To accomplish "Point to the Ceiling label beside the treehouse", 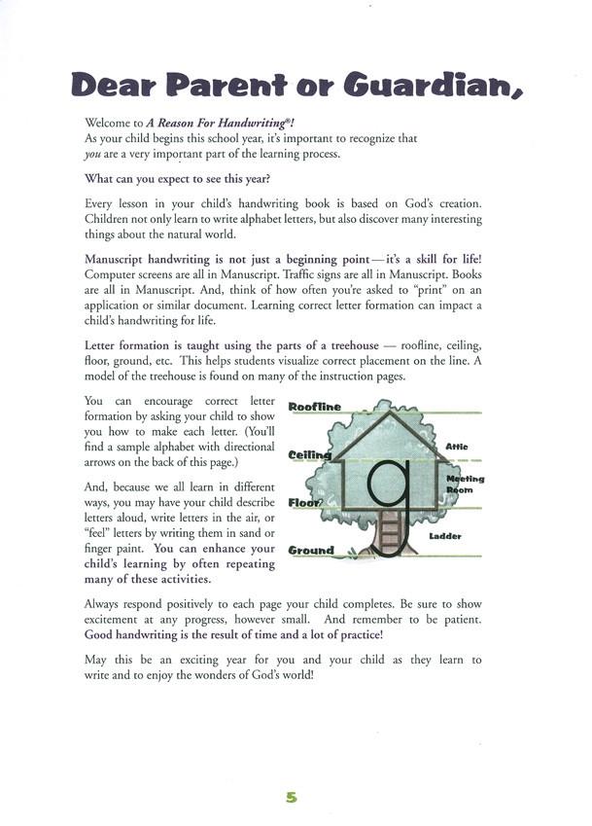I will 310,454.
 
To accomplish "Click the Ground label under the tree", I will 311,551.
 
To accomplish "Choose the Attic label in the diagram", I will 457,447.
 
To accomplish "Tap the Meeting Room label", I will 465,485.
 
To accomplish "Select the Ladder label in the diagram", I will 444,536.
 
